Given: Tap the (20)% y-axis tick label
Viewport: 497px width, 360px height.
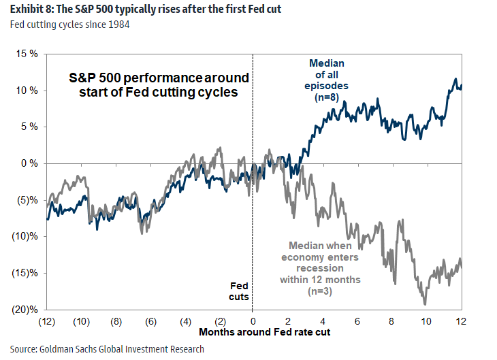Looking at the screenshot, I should click(22, 310).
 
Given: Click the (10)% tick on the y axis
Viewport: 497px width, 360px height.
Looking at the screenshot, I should click(22, 236).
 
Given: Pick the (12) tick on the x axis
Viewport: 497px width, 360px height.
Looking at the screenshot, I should click(47, 321).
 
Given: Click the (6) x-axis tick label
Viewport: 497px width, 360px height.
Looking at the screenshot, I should click(150, 321).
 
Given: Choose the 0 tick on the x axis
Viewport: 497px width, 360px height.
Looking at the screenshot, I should click(253, 321).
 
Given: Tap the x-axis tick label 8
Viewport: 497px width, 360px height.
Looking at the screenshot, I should click(391, 321).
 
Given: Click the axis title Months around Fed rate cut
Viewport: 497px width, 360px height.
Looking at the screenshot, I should click(253, 332).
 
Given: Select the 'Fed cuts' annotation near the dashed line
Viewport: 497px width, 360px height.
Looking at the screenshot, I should click(238, 292).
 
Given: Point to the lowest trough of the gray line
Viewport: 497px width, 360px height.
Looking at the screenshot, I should click(425, 304).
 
